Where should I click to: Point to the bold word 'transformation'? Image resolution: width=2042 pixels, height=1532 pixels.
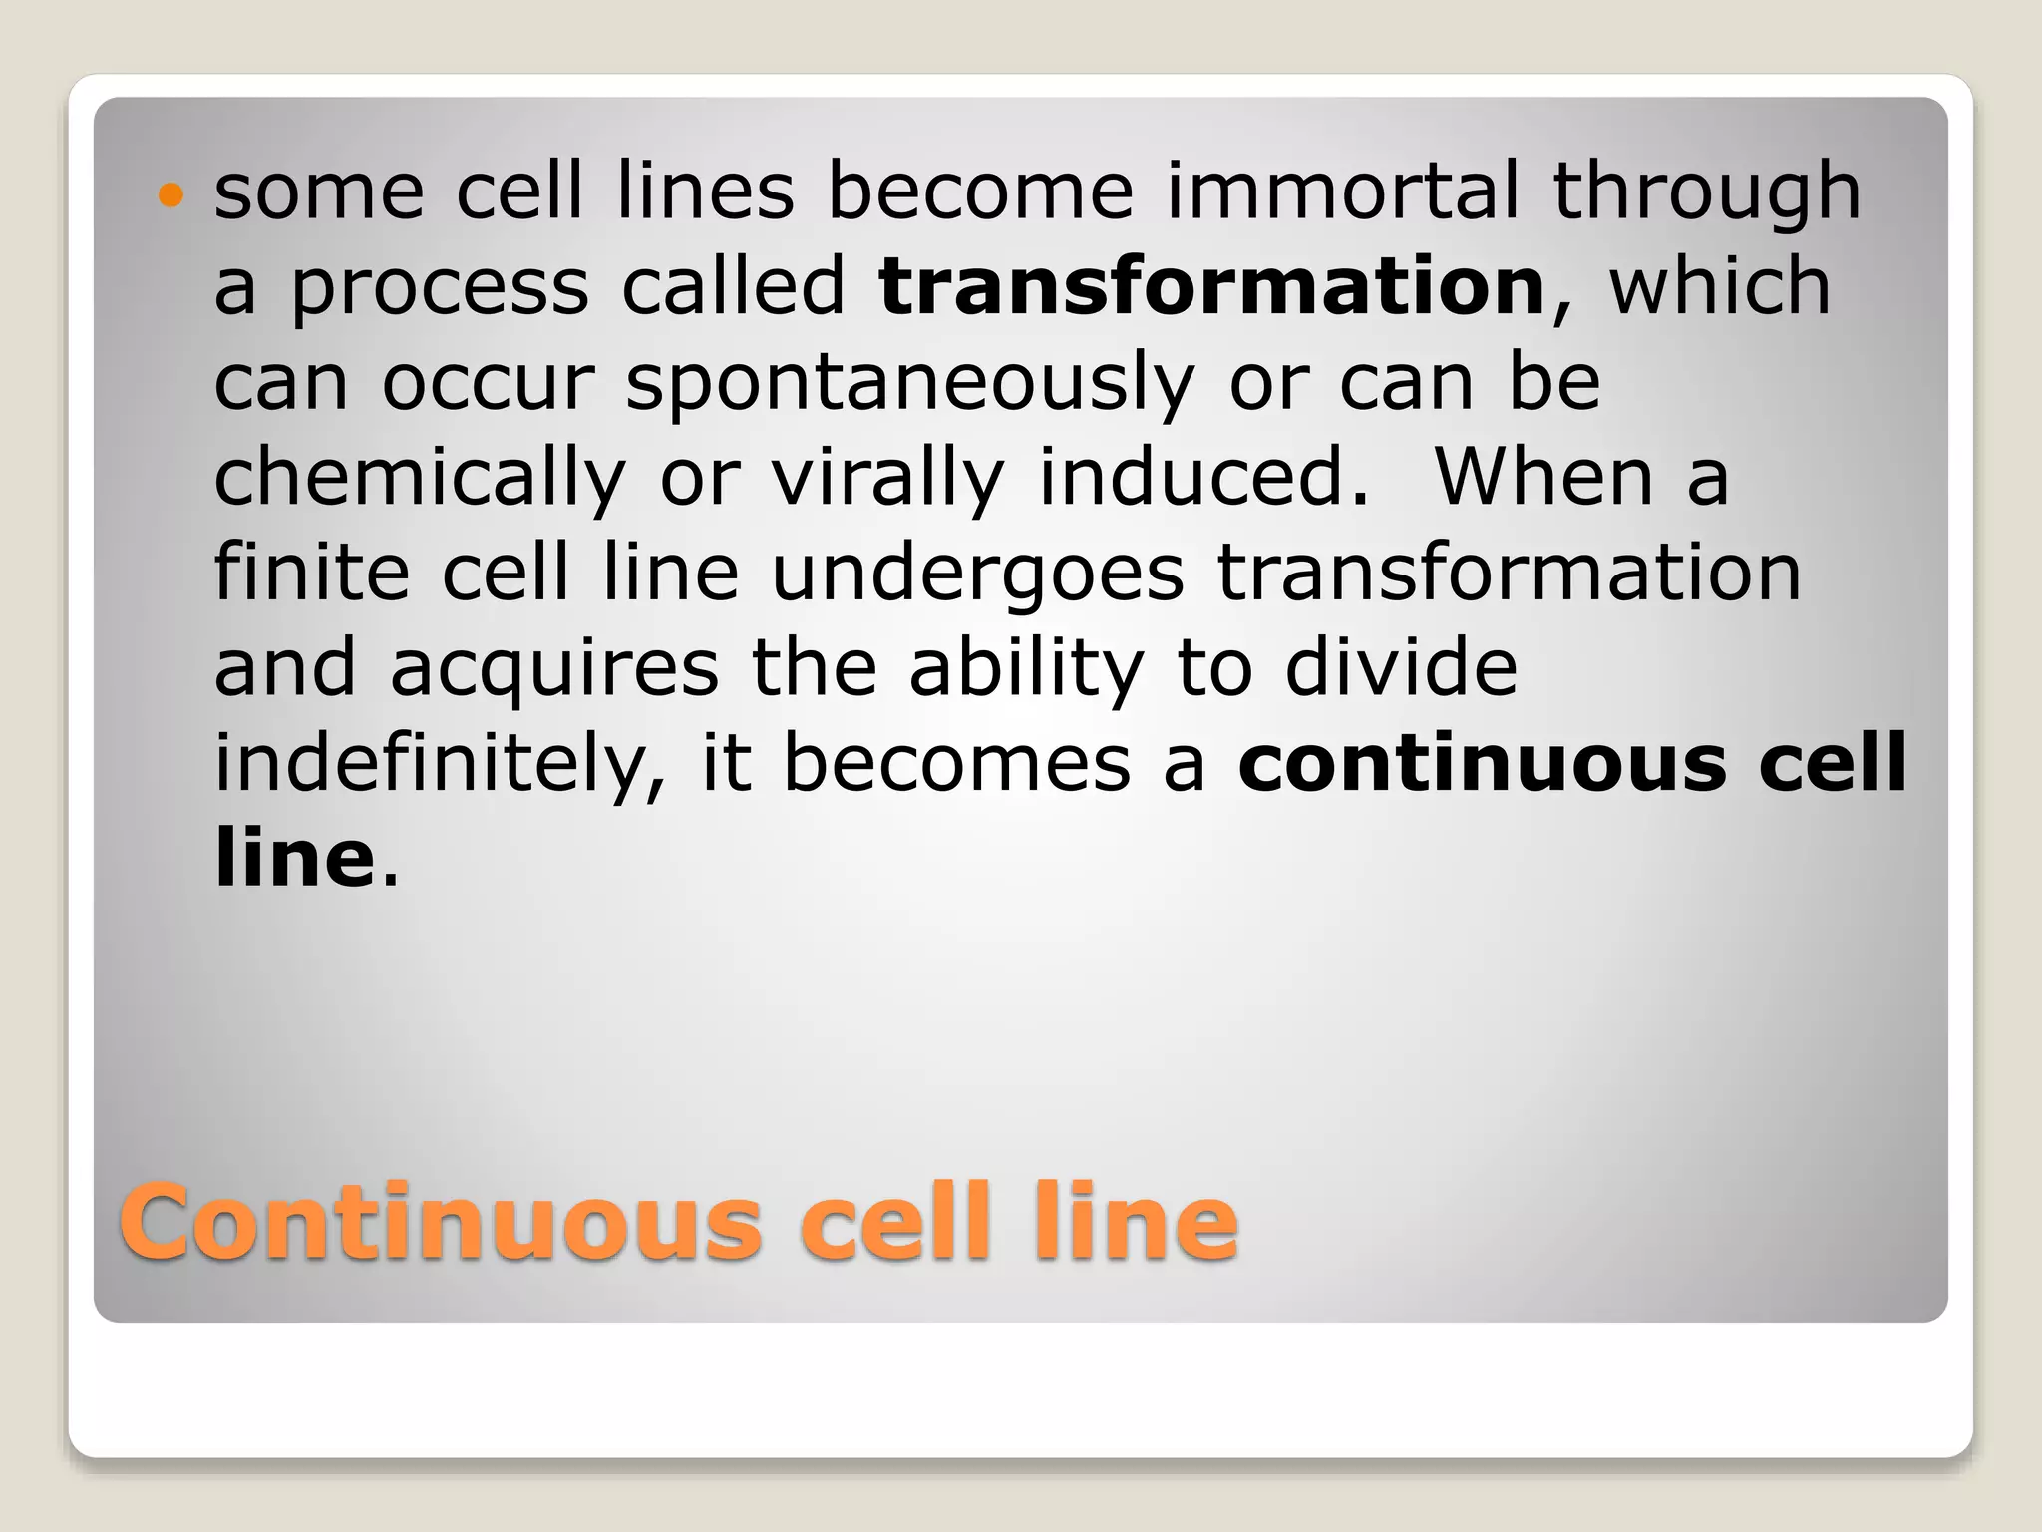point(1211,286)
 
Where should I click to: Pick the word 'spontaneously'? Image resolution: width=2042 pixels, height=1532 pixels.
point(909,385)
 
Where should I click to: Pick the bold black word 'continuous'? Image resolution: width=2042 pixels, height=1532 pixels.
point(1482,763)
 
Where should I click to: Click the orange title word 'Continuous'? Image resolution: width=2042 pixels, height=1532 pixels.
point(440,1221)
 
